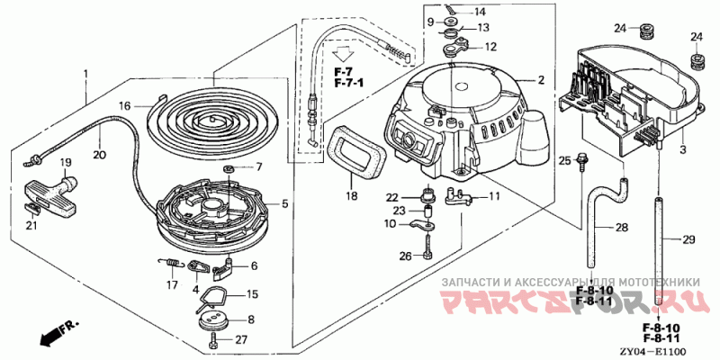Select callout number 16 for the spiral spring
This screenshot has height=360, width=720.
point(126,105)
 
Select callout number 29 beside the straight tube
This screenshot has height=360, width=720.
point(689,239)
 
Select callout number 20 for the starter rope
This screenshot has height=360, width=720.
point(99,154)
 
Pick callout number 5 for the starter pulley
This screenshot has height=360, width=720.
point(285,204)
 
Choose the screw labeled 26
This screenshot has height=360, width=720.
point(427,255)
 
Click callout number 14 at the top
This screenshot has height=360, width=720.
point(479,12)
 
